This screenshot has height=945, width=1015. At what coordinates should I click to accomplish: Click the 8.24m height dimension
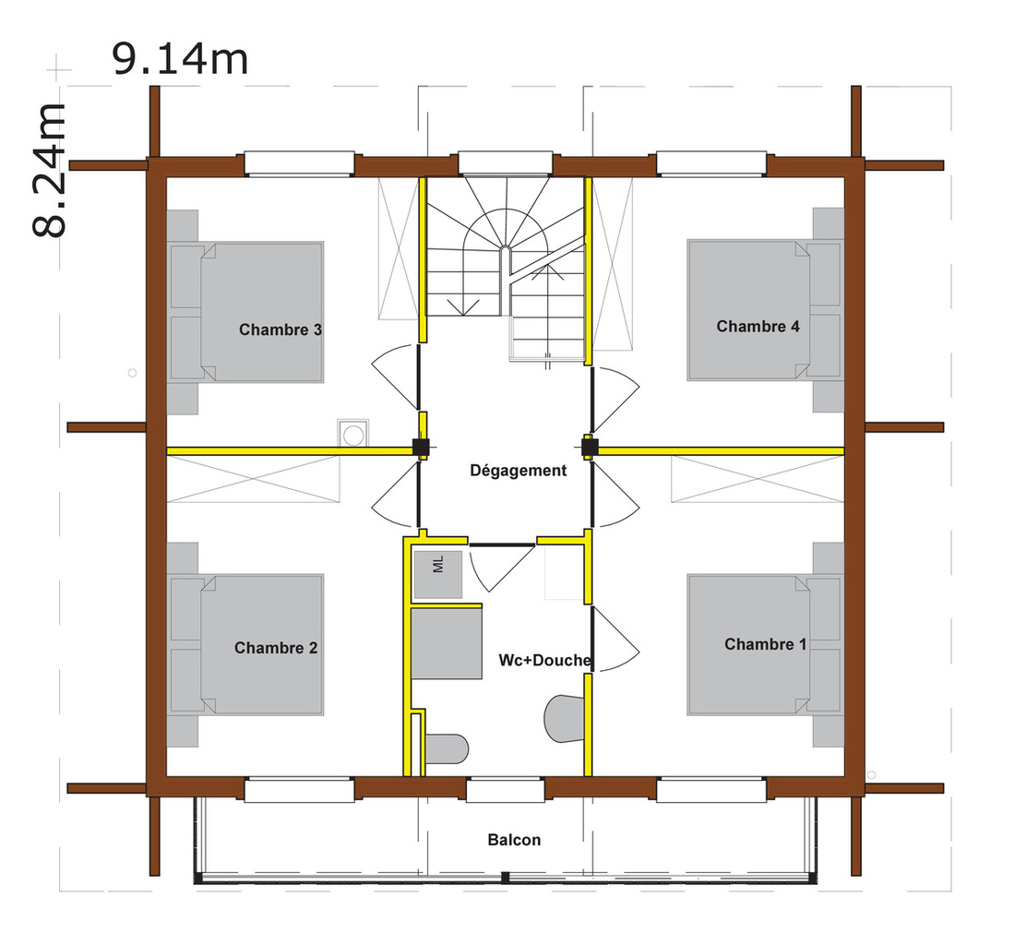[x=49, y=170]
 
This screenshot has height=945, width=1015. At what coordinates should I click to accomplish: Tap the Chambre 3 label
[x=281, y=329]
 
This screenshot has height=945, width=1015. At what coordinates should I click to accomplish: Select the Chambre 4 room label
[x=758, y=326]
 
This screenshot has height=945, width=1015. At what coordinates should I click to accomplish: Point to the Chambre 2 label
[x=276, y=648]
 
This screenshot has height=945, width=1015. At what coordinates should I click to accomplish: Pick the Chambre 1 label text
[x=765, y=644]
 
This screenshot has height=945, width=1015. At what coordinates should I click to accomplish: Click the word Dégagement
[x=518, y=471]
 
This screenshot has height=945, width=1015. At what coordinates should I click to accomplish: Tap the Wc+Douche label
[x=544, y=660]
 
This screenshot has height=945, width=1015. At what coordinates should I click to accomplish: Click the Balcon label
[x=514, y=840]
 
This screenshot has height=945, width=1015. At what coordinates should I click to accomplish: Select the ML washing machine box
[x=438, y=574]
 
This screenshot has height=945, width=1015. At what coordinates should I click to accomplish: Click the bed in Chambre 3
[x=246, y=312]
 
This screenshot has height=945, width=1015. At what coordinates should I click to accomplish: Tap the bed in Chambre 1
[x=765, y=645]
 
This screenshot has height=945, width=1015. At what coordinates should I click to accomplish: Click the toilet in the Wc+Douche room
[x=447, y=748]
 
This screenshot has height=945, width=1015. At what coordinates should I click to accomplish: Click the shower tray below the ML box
[x=446, y=644]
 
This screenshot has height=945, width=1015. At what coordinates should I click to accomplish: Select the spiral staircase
[x=506, y=266]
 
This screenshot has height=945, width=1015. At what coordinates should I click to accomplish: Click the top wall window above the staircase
[x=506, y=163]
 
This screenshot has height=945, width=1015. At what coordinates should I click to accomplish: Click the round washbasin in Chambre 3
[x=353, y=435]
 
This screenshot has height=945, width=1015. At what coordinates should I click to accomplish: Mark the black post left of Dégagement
[x=421, y=447]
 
